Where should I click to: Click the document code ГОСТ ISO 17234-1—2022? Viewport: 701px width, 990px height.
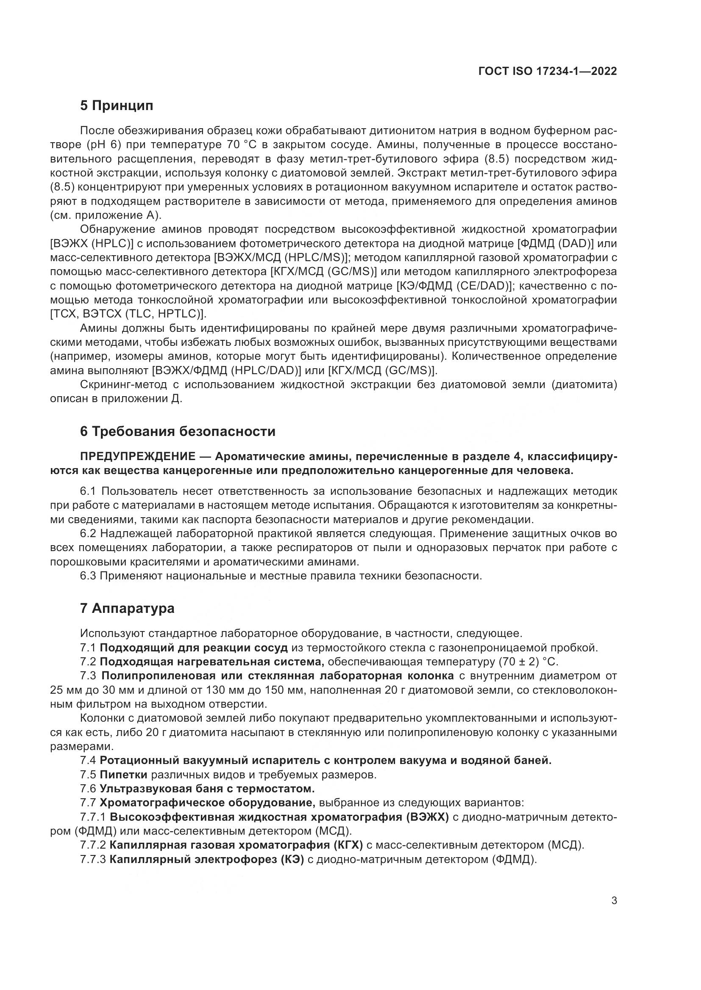tap(547, 72)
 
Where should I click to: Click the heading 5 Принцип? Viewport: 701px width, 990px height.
tap(117, 106)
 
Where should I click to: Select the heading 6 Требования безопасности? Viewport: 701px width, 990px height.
tap(178, 432)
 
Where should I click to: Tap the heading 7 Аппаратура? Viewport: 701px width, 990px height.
tap(127, 608)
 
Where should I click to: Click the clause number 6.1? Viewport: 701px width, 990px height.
tap(89, 491)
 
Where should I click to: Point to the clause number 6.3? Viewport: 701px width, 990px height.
tap(89, 576)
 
